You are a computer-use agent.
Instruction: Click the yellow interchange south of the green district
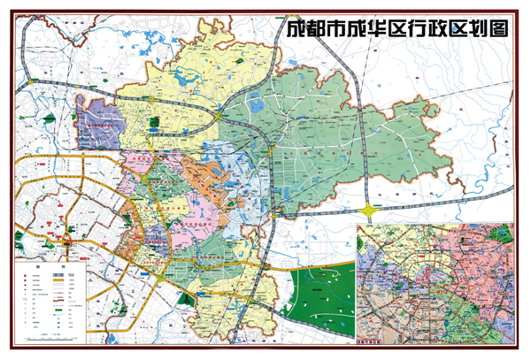(368, 211)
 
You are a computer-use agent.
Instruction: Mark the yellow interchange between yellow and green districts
(217, 113)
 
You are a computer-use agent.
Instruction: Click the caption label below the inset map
(373, 340)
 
